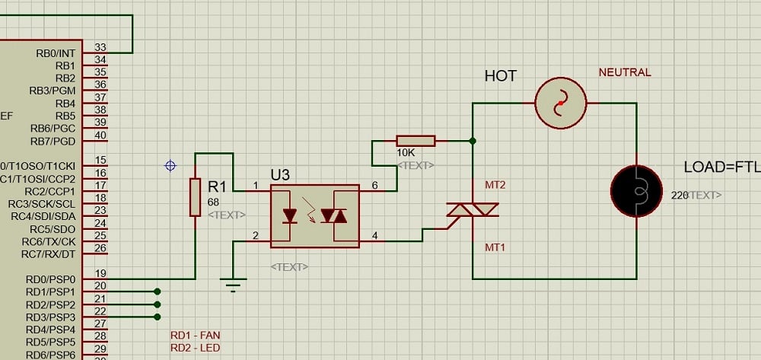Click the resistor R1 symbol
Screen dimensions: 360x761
pos(195,198)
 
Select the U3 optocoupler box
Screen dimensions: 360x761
pos(315,216)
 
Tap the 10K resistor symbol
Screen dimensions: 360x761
pos(416,141)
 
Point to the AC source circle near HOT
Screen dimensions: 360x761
pos(561,103)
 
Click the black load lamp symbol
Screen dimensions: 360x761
pos(637,190)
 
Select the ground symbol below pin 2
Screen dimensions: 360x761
pos(234,286)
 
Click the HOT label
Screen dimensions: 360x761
pos(500,76)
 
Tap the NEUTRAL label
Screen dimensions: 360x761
pos(625,73)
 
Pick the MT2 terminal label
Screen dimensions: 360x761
pos(495,185)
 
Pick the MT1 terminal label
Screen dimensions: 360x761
pos(495,247)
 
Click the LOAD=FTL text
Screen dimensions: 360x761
pos(721,167)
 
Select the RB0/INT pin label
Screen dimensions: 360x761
pos(56,53)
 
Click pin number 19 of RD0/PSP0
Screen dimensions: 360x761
pos(100,272)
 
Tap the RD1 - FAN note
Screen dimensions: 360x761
pos(196,335)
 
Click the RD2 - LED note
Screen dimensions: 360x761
pos(196,348)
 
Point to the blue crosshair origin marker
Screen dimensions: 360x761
pos(170,165)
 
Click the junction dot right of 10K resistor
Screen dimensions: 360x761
pos(473,141)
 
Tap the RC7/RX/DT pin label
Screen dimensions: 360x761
pos(48,254)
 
